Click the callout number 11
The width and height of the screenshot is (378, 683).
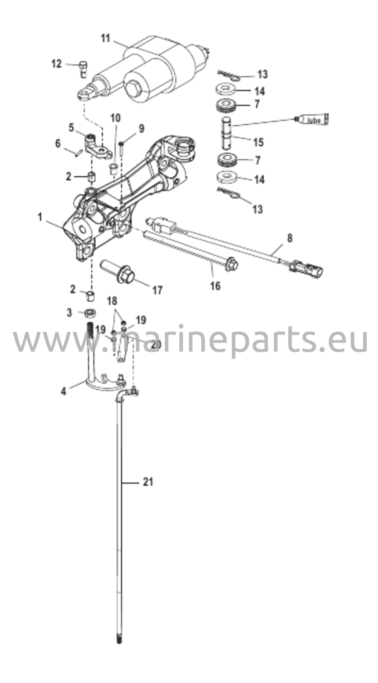tap(105, 38)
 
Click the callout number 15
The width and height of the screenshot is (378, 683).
tap(259, 142)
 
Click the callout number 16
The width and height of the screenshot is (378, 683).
tap(216, 286)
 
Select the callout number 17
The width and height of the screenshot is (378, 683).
tap(157, 290)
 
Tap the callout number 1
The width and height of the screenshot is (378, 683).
tap(40, 217)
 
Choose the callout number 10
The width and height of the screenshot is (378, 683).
tap(115, 118)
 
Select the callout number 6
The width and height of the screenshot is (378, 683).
tap(58, 144)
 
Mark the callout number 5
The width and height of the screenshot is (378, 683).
tap(71, 128)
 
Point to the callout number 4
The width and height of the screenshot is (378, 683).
tap(63, 391)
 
